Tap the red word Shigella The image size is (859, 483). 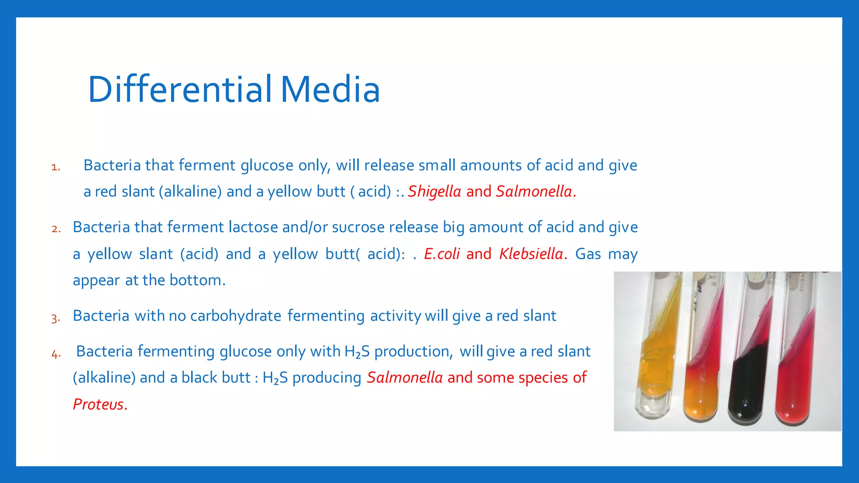point(434,192)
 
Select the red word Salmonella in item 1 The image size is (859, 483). point(534,192)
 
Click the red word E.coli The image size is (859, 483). point(442,254)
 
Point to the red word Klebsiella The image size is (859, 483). point(531,254)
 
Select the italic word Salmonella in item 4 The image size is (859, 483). point(405,377)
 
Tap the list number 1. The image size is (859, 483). point(56,167)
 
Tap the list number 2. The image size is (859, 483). point(56,229)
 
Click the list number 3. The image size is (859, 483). point(56,318)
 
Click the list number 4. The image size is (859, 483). point(56,354)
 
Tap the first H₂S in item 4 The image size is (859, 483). point(357,351)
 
